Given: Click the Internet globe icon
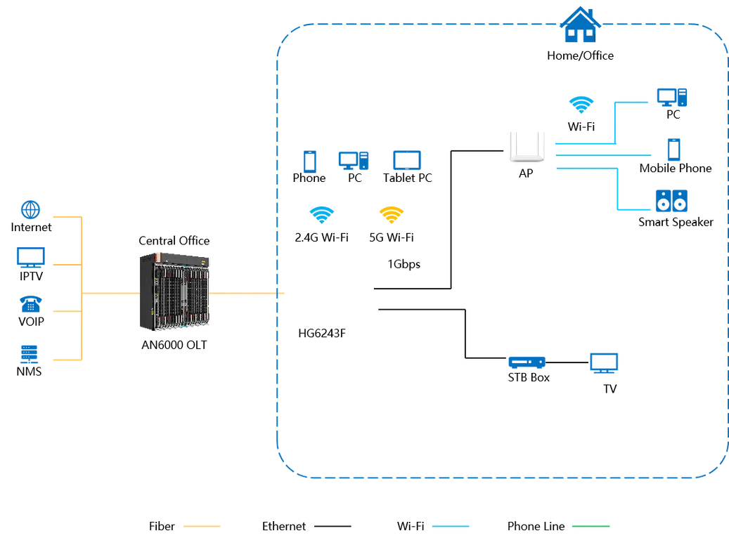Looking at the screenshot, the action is point(31,210).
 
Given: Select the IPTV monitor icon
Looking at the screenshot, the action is point(31,257).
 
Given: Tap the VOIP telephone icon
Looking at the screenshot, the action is point(31,304).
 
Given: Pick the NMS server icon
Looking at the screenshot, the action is point(29,354).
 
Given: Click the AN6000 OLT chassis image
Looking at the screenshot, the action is point(174,291).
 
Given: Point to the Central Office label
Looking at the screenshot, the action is point(174,241).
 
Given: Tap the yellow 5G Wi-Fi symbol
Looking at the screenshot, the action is point(392,215).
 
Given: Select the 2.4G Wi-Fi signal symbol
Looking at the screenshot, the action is point(322,215).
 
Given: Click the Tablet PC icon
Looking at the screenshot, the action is point(407,161).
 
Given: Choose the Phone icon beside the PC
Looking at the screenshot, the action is point(309,162).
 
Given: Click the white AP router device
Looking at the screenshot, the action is point(527,147).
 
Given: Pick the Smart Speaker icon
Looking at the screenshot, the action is point(671,201).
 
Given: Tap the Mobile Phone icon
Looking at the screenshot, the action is point(673,150).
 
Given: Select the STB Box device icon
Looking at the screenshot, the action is point(527,362).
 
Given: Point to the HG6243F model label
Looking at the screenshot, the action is point(322,333).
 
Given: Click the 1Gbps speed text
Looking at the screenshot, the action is point(404,264).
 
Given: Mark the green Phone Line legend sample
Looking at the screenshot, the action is point(591,526).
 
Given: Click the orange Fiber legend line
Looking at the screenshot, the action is point(201,526).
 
